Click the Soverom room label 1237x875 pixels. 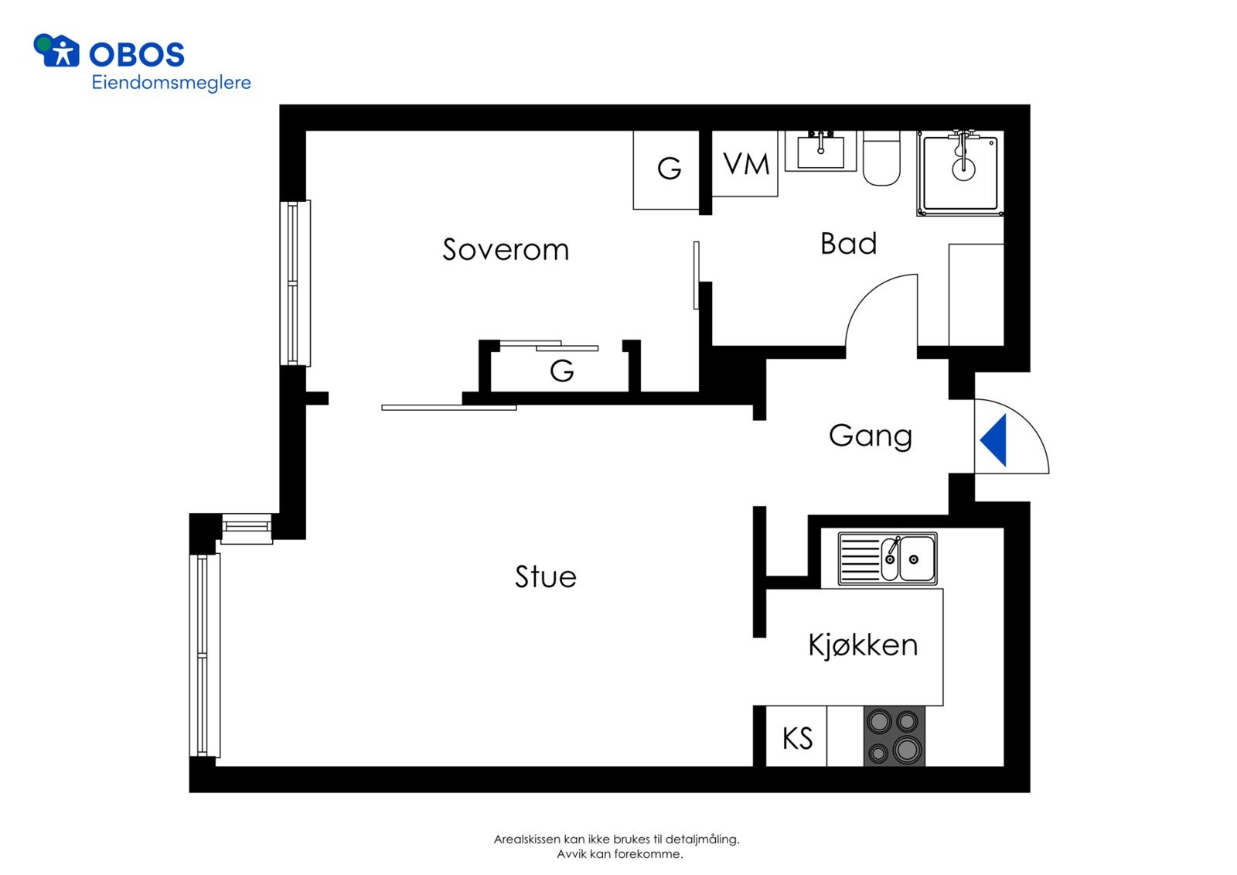(x=506, y=250)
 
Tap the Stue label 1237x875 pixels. (x=546, y=576)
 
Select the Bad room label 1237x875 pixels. (x=848, y=244)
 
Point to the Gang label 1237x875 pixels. (x=871, y=436)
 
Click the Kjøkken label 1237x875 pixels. (x=863, y=645)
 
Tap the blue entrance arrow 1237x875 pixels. (x=993, y=440)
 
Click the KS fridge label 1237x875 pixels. (x=797, y=739)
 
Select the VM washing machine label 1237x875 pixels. (x=746, y=163)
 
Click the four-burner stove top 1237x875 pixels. (x=894, y=736)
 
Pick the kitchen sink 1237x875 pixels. (x=888, y=559)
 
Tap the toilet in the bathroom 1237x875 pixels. (x=881, y=158)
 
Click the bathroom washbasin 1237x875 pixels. (x=820, y=151)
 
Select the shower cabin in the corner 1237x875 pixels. (x=960, y=173)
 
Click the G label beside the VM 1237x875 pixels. (x=670, y=168)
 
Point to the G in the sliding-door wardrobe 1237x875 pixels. (x=561, y=371)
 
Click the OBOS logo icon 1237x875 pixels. (x=56, y=50)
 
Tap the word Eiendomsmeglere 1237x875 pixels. (x=171, y=83)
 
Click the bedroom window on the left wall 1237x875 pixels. (x=295, y=283)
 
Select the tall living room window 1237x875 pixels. (x=205, y=655)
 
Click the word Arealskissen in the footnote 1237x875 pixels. (x=527, y=839)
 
